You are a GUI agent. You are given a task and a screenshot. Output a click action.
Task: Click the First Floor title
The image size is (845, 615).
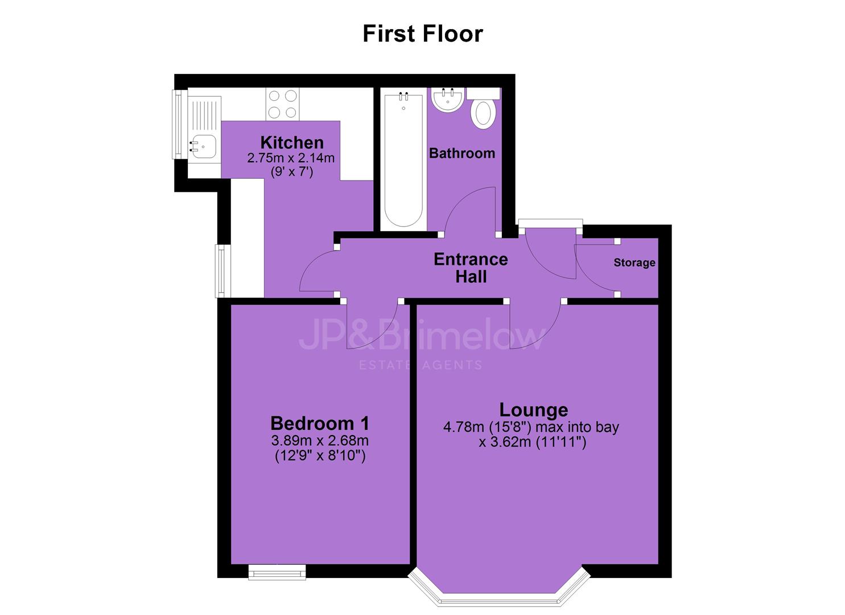(x=422, y=34)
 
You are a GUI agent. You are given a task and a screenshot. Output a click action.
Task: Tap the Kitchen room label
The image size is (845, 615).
(x=292, y=143)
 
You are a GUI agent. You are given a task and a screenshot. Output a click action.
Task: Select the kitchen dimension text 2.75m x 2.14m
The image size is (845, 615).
(x=291, y=158)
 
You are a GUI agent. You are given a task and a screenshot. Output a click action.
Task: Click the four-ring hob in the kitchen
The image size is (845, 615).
(x=283, y=104)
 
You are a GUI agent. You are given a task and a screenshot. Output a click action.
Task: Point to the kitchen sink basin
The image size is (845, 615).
(x=203, y=146)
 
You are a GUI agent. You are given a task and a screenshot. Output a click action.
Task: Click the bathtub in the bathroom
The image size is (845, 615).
(x=403, y=159)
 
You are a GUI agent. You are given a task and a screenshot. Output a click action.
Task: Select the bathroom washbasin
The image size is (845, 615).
(x=447, y=100)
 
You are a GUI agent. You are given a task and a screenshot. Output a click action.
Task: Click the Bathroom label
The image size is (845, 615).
(x=462, y=153)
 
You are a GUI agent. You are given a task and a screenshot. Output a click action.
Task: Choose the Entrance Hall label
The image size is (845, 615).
(x=471, y=268)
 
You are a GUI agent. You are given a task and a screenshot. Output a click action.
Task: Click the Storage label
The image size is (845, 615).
(x=634, y=263)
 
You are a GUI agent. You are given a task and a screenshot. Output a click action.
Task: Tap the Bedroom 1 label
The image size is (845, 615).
(x=320, y=424)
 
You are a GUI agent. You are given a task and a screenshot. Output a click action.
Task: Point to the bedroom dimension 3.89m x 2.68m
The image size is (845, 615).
(x=320, y=440)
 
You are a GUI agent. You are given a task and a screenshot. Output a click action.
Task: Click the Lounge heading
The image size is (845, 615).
(x=533, y=410)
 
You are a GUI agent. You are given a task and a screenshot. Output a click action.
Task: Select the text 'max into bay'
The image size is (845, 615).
(x=578, y=427)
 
